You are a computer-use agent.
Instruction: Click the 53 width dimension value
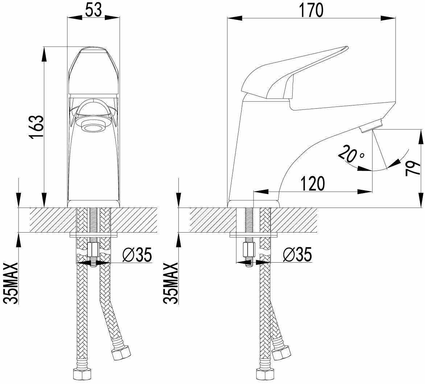[94, 11]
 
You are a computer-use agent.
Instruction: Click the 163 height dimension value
[37, 127]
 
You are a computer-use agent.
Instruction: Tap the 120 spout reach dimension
[312, 184]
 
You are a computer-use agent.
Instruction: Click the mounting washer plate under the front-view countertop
[94, 235]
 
